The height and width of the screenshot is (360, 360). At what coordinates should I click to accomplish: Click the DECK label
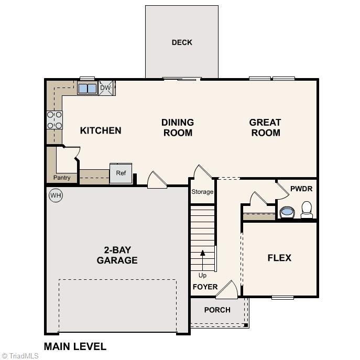(x=182, y=42)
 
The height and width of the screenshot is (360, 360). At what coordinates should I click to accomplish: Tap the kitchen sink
(x=87, y=89)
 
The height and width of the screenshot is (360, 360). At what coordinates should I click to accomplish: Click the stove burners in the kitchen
(x=54, y=120)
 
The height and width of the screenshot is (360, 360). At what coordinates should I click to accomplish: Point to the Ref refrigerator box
(x=121, y=173)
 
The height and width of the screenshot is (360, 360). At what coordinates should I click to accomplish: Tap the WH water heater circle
(x=56, y=195)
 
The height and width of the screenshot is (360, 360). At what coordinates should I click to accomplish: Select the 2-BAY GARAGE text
(x=117, y=255)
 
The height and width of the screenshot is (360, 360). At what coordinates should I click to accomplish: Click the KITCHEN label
(x=101, y=130)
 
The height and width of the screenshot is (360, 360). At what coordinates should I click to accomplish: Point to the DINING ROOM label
(x=178, y=127)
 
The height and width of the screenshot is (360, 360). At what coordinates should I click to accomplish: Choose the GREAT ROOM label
(x=265, y=127)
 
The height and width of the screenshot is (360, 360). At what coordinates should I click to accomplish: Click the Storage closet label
(x=202, y=192)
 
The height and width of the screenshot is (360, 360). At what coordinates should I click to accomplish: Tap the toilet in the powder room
(x=307, y=210)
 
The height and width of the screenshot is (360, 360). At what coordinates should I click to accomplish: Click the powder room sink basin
(x=287, y=212)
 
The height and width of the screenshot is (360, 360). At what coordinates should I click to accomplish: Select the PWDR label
(x=301, y=188)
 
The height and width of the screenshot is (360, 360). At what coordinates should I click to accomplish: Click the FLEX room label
(x=279, y=258)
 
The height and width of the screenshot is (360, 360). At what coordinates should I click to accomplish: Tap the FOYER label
(x=205, y=287)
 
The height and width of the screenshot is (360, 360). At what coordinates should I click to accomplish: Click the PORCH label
(x=217, y=310)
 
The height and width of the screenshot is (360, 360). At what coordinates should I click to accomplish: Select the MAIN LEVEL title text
(x=75, y=346)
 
